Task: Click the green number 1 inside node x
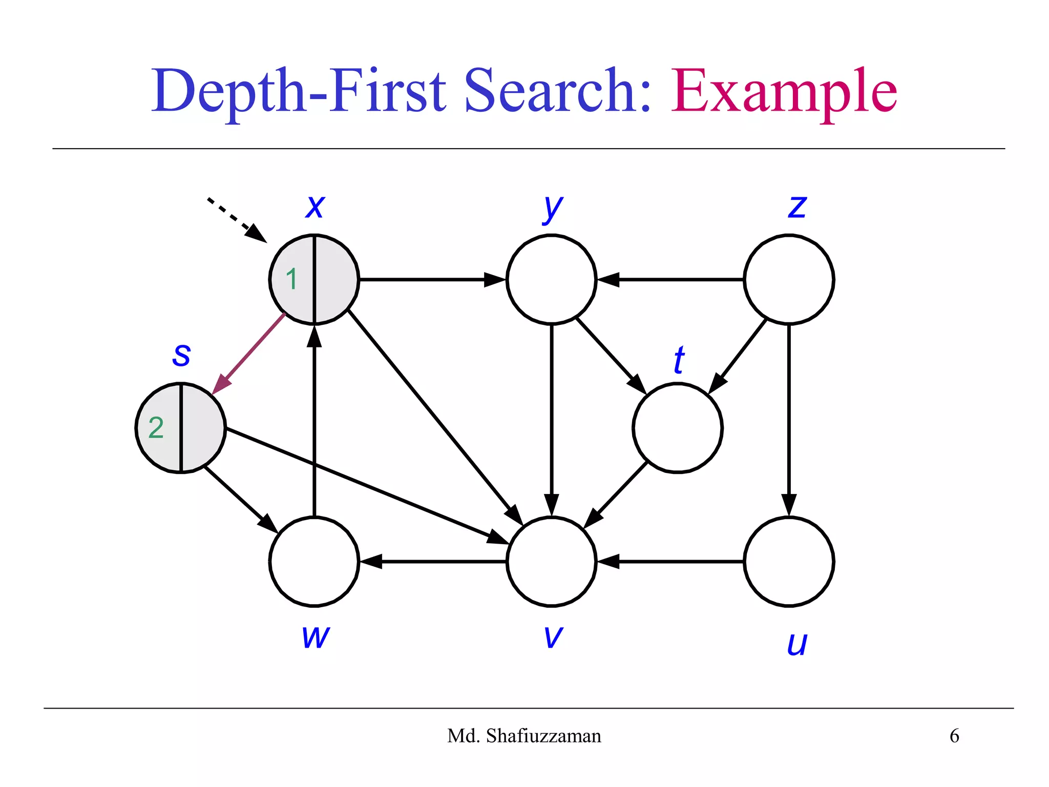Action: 291,279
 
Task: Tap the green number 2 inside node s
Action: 156,427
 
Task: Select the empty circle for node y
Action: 551,279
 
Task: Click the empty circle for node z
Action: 789,279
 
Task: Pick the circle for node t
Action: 677,427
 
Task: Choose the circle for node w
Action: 314,562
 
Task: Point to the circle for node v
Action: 551,562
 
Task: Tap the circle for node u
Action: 789,562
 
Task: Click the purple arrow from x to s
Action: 248,354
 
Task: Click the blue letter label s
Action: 181,355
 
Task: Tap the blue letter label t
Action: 679,360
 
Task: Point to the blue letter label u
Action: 797,644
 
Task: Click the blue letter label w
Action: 316,637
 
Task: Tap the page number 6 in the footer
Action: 954,736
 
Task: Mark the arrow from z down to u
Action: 789,420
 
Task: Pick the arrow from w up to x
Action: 314,420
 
